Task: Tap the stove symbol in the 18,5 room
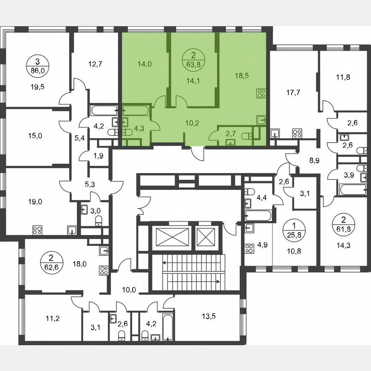261,93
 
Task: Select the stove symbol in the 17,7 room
297,133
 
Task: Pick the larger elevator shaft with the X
172,237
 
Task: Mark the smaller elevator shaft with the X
207,237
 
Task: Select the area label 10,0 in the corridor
129,289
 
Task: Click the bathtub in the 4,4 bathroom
258,216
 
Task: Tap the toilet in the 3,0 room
99,220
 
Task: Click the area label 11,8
343,77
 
